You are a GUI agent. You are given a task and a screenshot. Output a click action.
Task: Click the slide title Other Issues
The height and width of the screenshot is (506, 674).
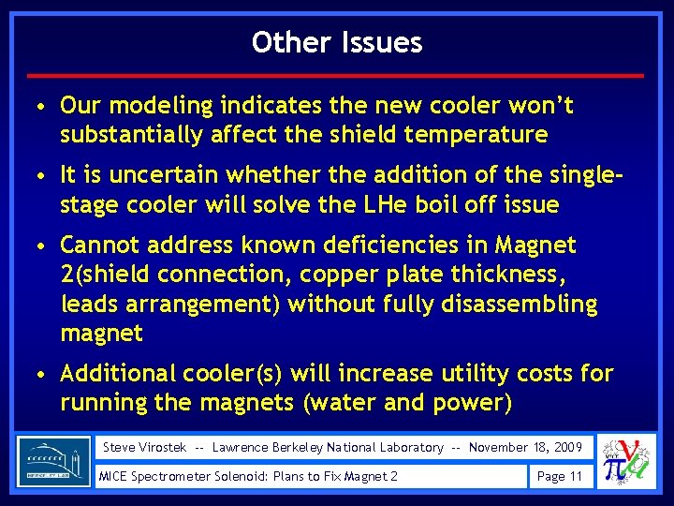(337, 42)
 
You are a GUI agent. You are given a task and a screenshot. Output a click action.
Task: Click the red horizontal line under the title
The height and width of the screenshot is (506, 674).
(337, 75)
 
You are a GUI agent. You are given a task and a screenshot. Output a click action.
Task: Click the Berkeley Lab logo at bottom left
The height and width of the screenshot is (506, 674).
(53, 462)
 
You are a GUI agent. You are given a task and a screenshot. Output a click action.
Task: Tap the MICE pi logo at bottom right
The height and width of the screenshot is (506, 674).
(625, 462)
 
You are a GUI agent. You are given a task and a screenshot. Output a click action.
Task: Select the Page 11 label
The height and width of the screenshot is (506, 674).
(559, 476)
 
